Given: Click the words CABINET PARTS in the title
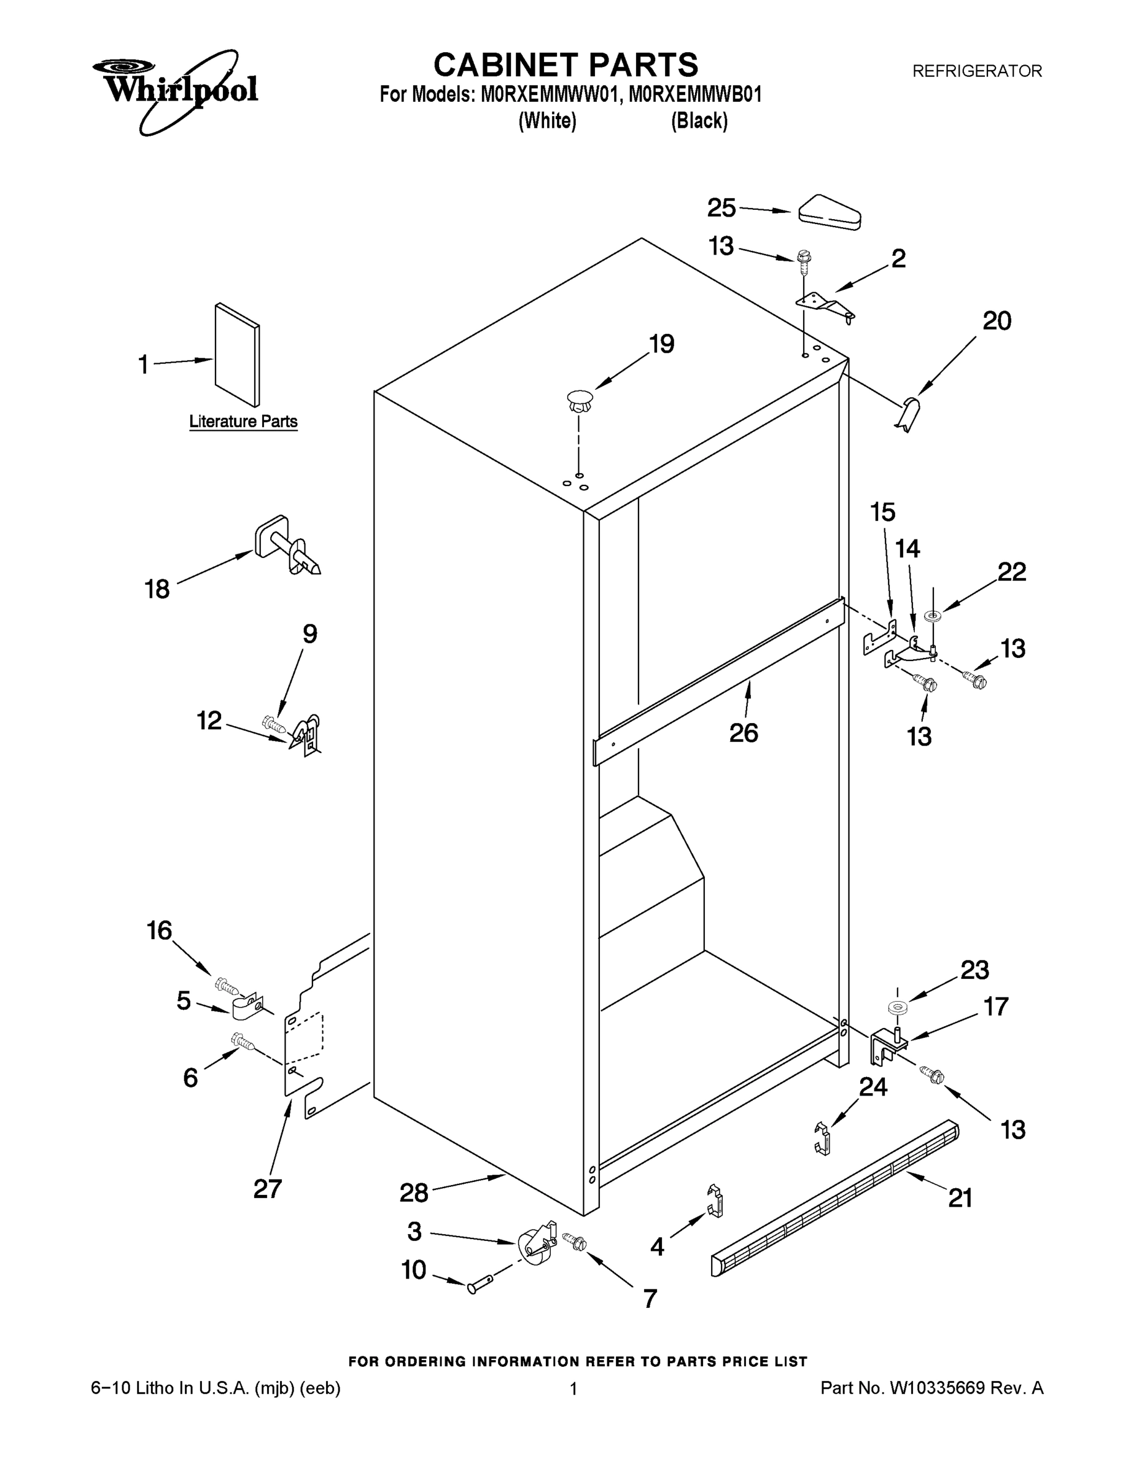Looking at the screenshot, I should (x=566, y=66).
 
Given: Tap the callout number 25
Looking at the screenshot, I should (x=721, y=207).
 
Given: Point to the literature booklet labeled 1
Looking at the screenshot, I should (x=237, y=355).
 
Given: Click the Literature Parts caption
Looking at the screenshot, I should (x=243, y=422).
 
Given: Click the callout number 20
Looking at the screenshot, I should (x=997, y=321).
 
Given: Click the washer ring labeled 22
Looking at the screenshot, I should (x=934, y=615).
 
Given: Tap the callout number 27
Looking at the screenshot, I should (x=267, y=1188).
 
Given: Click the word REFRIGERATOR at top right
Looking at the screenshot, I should (x=976, y=71).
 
